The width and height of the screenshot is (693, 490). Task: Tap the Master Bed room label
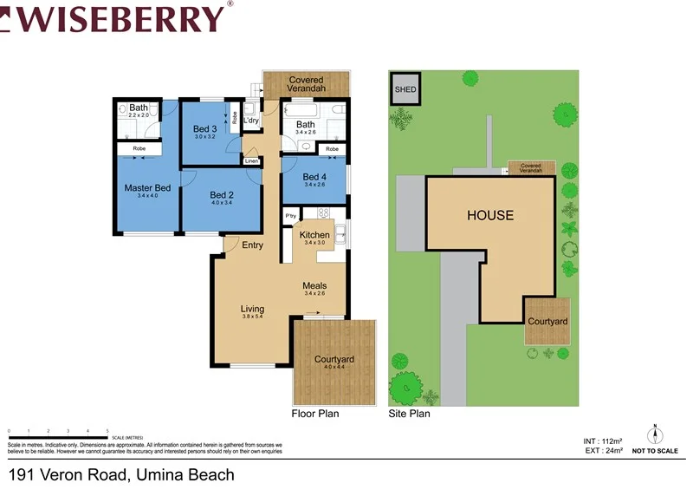tap(147, 188)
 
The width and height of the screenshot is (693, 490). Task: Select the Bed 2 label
tap(222, 195)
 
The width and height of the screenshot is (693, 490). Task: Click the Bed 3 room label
tap(204, 129)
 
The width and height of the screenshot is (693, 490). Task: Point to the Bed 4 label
tap(314, 177)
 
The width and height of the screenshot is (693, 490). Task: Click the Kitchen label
tap(314, 235)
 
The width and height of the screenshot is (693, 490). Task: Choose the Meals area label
tap(314, 285)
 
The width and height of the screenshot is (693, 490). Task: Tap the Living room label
tap(252, 309)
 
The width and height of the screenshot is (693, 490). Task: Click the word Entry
tap(252, 245)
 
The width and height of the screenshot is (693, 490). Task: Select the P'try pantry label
tap(290, 215)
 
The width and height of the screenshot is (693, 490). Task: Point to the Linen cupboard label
tap(251, 161)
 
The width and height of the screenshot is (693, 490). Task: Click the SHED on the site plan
tap(405, 89)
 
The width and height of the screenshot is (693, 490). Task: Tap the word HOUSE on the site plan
tap(490, 215)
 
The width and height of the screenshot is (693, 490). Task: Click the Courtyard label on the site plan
tap(547, 322)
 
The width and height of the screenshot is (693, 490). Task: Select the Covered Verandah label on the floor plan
tap(307, 84)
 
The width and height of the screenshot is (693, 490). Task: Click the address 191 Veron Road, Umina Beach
tap(121, 474)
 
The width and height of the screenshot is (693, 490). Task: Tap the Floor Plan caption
tap(315, 414)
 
